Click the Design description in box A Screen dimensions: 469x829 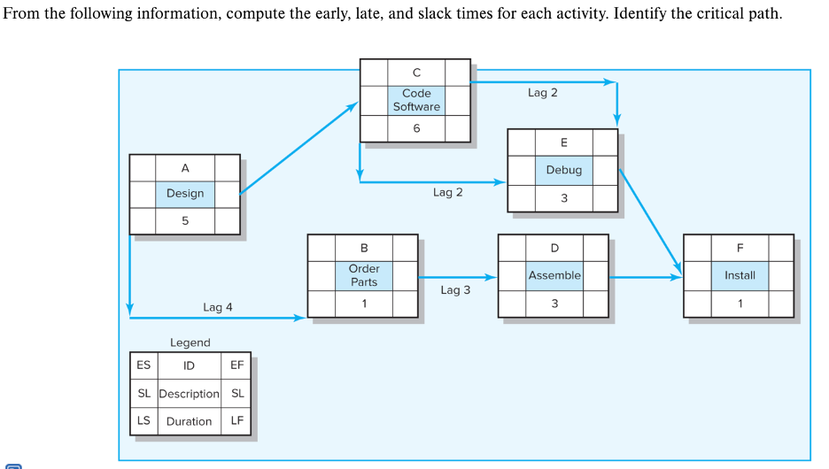(x=185, y=194)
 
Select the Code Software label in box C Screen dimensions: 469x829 (x=416, y=100)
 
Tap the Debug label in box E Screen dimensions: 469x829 (x=563, y=170)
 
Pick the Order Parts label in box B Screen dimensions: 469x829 (x=363, y=275)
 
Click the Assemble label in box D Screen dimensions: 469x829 (x=554, y=275)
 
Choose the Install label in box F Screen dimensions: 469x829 (x=740, y=275)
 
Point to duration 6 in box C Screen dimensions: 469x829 (x=416, y=128)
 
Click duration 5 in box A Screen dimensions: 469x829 (x=185, y=221)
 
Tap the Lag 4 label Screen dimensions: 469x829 (x=218, y=307)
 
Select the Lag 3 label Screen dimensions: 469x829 (x=455, y=289)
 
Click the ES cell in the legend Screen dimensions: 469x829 (x=143, y=365)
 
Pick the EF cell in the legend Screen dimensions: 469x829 (x=236, y=365)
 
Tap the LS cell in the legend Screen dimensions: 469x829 (x=143, y=421)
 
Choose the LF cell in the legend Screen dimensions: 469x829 (x=236, y=421)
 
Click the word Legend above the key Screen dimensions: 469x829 (x=190, y=342)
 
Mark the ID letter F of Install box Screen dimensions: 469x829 (x=740, y=247)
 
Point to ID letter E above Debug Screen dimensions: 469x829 (x=563, y=142)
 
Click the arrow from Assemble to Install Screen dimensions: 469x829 (x=646, y=277)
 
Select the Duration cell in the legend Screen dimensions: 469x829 (x=189, y=421)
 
